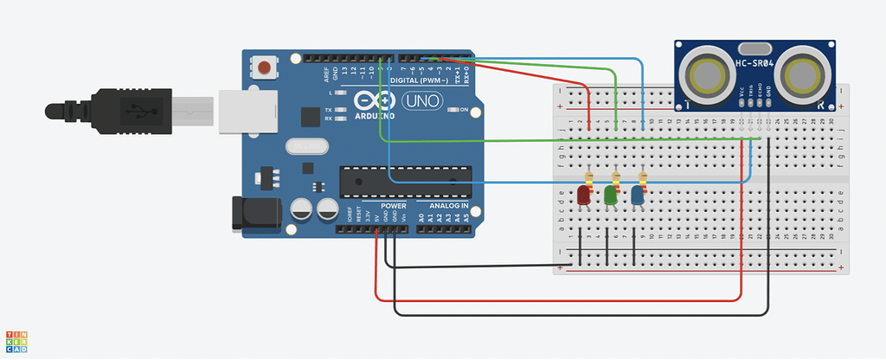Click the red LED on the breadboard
(x=584, y=196)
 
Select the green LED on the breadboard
(x=611, y=196)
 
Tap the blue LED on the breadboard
(x=638, y=196)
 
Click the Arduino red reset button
(x=263, y=67)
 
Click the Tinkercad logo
(x=17, y=343)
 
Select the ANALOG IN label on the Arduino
(x=446, y=206)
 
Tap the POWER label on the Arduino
(x=393, y=206)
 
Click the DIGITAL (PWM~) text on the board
(x=419, y=80)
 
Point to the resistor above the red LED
(x=588, y=177)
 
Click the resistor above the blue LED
(x=642, y=177)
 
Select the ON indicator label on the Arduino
(x=464, y=110)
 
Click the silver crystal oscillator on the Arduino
(x=302, y=148)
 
